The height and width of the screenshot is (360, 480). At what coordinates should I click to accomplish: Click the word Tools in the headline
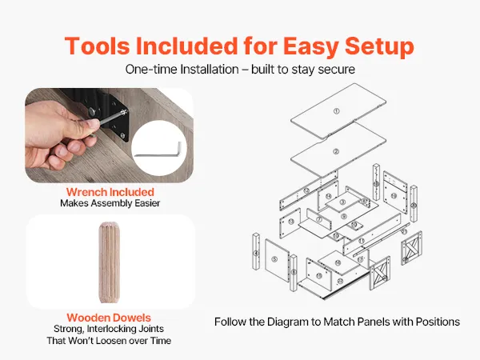tap(98, 46)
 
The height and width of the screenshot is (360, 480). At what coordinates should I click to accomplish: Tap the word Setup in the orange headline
tap(379, 46)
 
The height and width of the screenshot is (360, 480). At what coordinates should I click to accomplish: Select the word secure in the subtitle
tap(337, 69)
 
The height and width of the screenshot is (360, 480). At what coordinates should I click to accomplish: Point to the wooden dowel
tap(110, 262)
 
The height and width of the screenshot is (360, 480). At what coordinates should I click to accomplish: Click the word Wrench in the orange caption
tap(86, 192)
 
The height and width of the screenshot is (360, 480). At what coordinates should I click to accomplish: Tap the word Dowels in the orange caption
tap(134, 318)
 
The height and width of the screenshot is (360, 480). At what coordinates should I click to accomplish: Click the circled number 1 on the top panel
tap(337, 111)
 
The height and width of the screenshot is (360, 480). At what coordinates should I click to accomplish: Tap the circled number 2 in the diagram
tap(336, 151)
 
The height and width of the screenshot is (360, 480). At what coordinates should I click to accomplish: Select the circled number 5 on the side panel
tap(274, 259)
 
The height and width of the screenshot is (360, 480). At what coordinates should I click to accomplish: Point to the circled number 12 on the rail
tap(306, 190)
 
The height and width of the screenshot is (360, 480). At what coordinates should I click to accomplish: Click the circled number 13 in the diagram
tap(291, 221)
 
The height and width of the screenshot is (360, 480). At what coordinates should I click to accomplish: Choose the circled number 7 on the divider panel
tap(319, 219)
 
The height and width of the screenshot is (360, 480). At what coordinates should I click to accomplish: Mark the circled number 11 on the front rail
tap(362, 242)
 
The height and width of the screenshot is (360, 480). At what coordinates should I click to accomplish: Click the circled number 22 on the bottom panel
tap(340, 281)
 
